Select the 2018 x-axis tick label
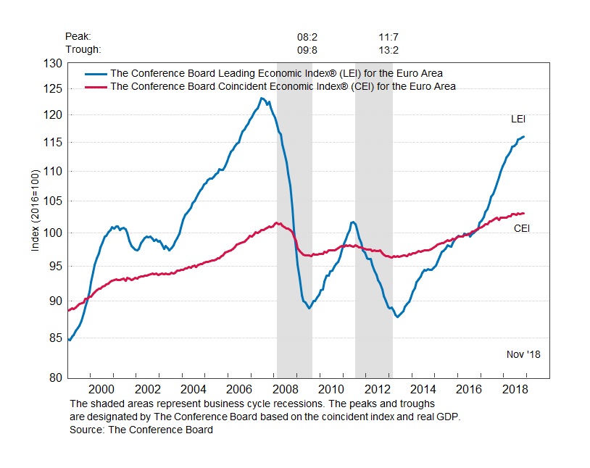point(515,389)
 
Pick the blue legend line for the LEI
point(96,73)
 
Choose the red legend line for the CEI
point(96,86)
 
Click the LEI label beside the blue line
point(518,119)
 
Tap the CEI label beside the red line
point(522,228)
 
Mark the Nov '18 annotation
point(523,354)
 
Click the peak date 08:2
point(307,36)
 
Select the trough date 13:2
point(389,50)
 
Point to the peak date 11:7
point(389,36)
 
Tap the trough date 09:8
point(307,50)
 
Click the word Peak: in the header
point(78,36)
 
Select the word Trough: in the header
point(83,50)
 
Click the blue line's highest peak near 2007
point(261,98)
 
